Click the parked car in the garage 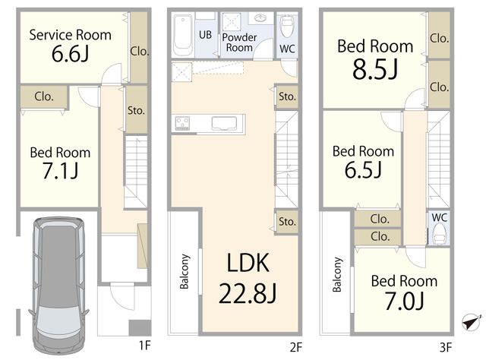[x=58, y=286]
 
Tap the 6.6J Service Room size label [x=71, y=54]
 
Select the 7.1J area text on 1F [x=61, y=171]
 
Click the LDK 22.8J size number [x=248, y=293]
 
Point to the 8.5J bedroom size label [x=375, y=69]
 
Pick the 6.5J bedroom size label [x=363, y=169]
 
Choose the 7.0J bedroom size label [x=404, y=301]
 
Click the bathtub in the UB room [x=183, y=36]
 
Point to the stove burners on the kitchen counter [x=182, y=123]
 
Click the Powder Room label [x=239, y=43]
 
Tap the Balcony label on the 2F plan [x=185, y=271]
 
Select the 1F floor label [x=144, y=345]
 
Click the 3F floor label [x=446, y=347]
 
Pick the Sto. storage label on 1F [x=136, y=110]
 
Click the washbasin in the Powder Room [x=260, y=18]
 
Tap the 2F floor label [x=295, y=347]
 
